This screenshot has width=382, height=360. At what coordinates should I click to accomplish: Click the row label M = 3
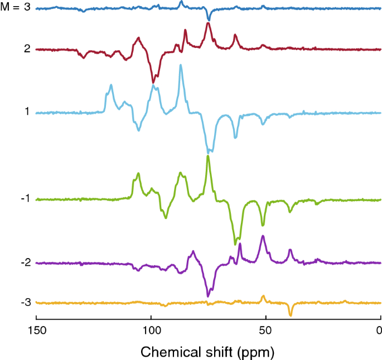tap(16, 8)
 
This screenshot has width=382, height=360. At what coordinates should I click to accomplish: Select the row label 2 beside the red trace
tap(26, 49)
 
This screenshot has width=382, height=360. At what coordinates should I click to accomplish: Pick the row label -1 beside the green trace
tap(25, 198)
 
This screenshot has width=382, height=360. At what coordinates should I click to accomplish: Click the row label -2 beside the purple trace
tap(25, 262)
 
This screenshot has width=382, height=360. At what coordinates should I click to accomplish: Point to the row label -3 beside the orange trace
tap(25, 302)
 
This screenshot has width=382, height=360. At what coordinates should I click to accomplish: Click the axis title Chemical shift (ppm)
tap(207, 352)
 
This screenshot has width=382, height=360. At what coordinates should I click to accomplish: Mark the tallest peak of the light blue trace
tap(181, 65)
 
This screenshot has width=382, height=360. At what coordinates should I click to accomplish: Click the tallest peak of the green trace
tap(208, 156)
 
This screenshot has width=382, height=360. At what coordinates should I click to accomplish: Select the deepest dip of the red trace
tap(154, 82)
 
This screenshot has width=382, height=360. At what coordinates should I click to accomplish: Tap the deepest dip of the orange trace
tap(291, 315)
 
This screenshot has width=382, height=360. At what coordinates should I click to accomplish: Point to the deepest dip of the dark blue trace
tap(209, 20)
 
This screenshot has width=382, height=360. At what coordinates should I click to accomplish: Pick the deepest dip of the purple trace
tap(208, 296)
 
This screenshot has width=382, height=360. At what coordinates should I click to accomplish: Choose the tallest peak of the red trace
tap(208, 23)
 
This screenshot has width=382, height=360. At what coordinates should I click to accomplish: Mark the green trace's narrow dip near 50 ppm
tap(263, 225)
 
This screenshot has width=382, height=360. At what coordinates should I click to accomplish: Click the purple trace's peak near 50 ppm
tap(263, 236)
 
